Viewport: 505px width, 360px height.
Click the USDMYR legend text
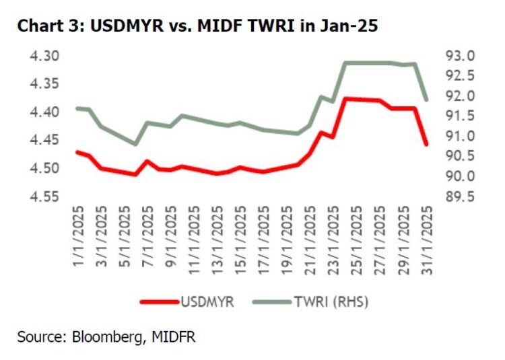point(206,301)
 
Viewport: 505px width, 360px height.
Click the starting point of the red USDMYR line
point(78,152)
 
